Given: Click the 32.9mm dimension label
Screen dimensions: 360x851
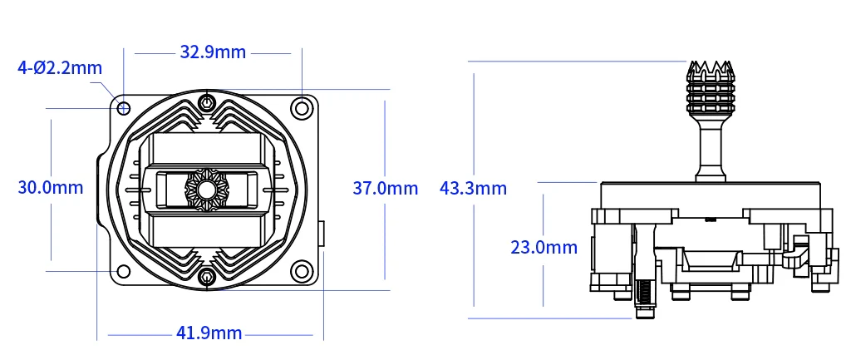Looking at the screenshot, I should [213, 52].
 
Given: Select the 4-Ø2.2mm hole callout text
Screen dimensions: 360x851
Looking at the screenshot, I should [60, 67].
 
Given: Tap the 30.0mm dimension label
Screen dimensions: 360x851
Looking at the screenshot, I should [51, 187].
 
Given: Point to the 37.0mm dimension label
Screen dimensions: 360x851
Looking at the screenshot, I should [386, 188].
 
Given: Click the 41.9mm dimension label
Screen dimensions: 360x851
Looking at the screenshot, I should [209, 333].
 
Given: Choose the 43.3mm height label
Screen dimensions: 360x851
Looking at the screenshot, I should [473, 188].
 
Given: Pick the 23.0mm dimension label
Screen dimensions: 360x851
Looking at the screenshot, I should [544, 247].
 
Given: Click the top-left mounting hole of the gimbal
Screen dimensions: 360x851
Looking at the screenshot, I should [124, 108].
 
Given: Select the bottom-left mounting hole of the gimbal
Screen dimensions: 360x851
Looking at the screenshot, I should [124, 271].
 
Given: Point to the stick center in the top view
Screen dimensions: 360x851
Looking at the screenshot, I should [206, 189].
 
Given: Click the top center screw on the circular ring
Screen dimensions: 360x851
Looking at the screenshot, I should [206, 103].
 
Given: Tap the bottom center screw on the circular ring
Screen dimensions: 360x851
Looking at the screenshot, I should [206, 277].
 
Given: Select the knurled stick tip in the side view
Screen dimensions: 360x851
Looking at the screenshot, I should [709, 87].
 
